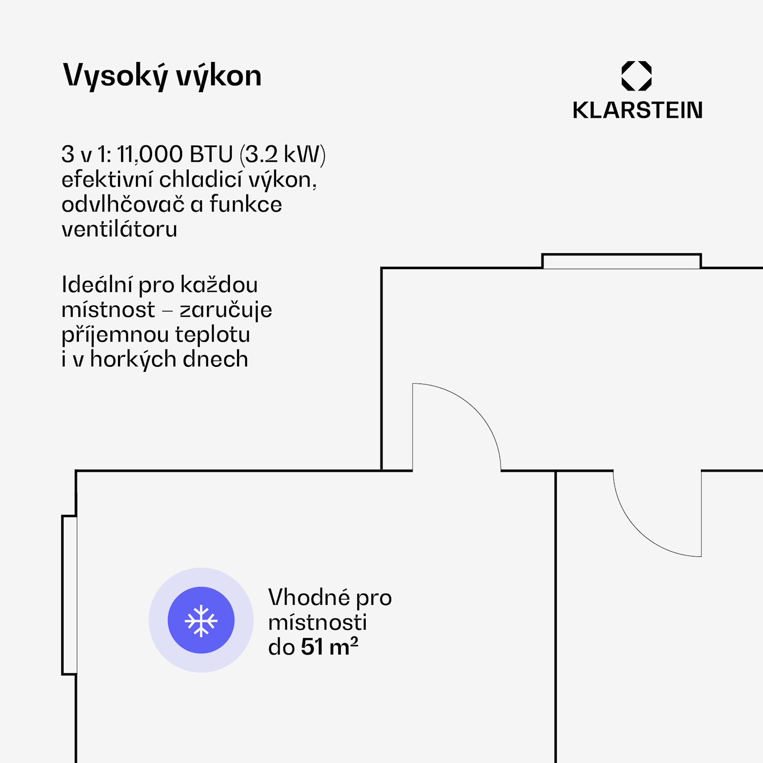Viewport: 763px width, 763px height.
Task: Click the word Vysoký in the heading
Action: click(115, 76)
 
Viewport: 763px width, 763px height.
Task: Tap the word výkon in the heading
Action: click(219, 76)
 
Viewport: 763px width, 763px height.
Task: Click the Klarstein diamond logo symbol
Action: click(636, 76)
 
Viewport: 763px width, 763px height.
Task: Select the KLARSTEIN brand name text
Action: click(637, 110)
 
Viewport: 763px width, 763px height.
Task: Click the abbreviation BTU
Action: click(211, 154)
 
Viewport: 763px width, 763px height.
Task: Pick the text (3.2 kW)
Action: click(282, 154)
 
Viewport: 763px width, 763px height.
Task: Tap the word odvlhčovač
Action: click(123, 204)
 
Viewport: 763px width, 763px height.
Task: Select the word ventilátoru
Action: click(120, 229)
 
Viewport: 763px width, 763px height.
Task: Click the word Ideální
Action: click(97, 285)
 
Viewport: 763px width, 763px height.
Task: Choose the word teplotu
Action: click(213, 335)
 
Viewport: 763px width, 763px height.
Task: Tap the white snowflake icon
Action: click(201, 620)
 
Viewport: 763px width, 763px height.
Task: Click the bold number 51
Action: click(312, 647)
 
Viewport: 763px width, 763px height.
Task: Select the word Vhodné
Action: click(309, 598)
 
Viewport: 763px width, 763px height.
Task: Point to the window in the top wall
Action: click(621, 261)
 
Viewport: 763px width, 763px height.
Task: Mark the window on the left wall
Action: click(70, 595)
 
